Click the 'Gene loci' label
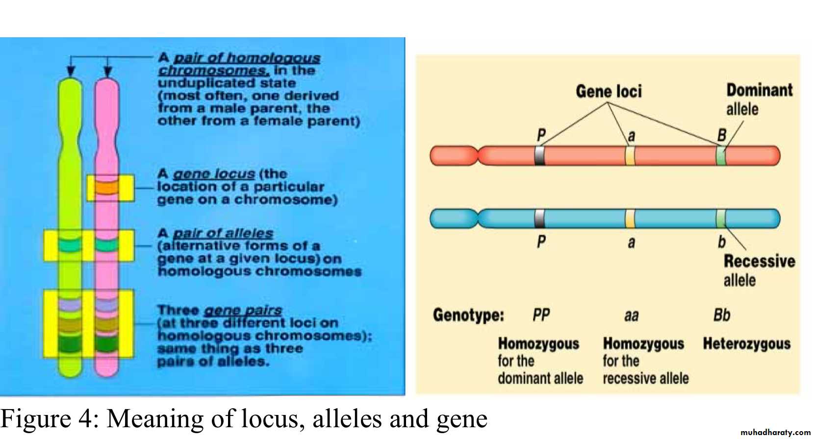pyautogui.click(x=609, y=91)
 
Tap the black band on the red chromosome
pyautogui.click(x=539, y=156)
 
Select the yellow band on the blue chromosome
pyautogui.click(x=630, y=219)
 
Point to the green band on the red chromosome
pyautogui.click(x=721, y=156)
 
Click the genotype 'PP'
pyautogui.click(x=541, y=315)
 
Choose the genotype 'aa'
pyautogui.click(x=632, y=316)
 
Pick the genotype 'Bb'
pyautogui.click(x=722, y=315)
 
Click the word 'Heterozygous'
pyautogui.click(x=747, y=343)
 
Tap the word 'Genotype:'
pyautogui.click(x=468, y=315)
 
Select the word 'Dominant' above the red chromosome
pyautogui.click(x=760, y=90)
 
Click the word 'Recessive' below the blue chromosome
pyautogui.click(x=760, y=261)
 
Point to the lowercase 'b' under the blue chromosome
pyautogui.click(x=722, y=242)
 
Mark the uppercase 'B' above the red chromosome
pyautogui.click(x=722, y=135)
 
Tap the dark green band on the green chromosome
pyautogui.click(x=70, y=343)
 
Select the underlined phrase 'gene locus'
pyautogui.click(x=214, y=174)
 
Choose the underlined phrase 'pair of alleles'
pyautogui.click(x=223, y=233)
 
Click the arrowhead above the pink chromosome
pyautogui.click(x=107, y=71)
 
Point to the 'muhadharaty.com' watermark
pyautogui.click(x=775, y=433)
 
